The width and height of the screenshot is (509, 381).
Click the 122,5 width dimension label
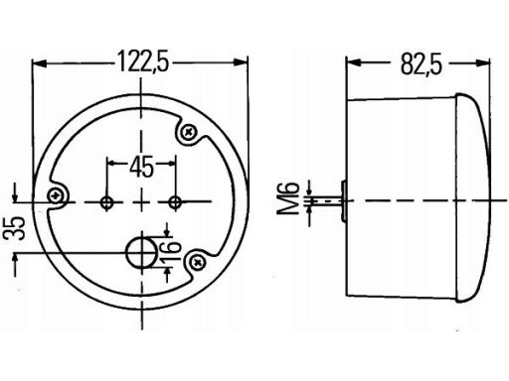point(143,62)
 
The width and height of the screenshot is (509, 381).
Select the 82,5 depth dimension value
point(422,63)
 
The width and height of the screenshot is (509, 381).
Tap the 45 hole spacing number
point(142,167)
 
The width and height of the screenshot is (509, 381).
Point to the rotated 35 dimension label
point(15,228)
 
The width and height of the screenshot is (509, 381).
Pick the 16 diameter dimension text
point(171,251)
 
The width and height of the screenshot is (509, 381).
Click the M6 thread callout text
point(288,198)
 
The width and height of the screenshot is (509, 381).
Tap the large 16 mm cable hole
point(142,253)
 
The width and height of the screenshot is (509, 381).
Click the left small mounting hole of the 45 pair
point(106,202)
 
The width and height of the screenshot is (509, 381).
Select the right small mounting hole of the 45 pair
point(175,201)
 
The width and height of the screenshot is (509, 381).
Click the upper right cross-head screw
point(189,132)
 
